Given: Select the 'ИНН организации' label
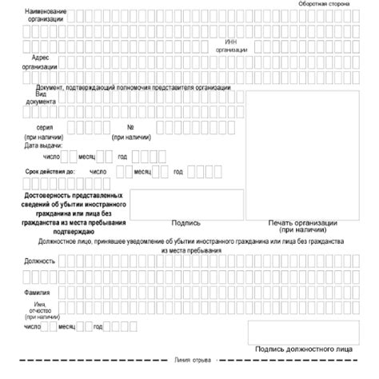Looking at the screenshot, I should pos(231,45).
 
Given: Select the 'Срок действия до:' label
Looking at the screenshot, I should pos(50,172).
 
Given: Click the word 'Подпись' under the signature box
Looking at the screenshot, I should pos(185,223).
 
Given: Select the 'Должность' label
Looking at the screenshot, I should pos(40,261).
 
